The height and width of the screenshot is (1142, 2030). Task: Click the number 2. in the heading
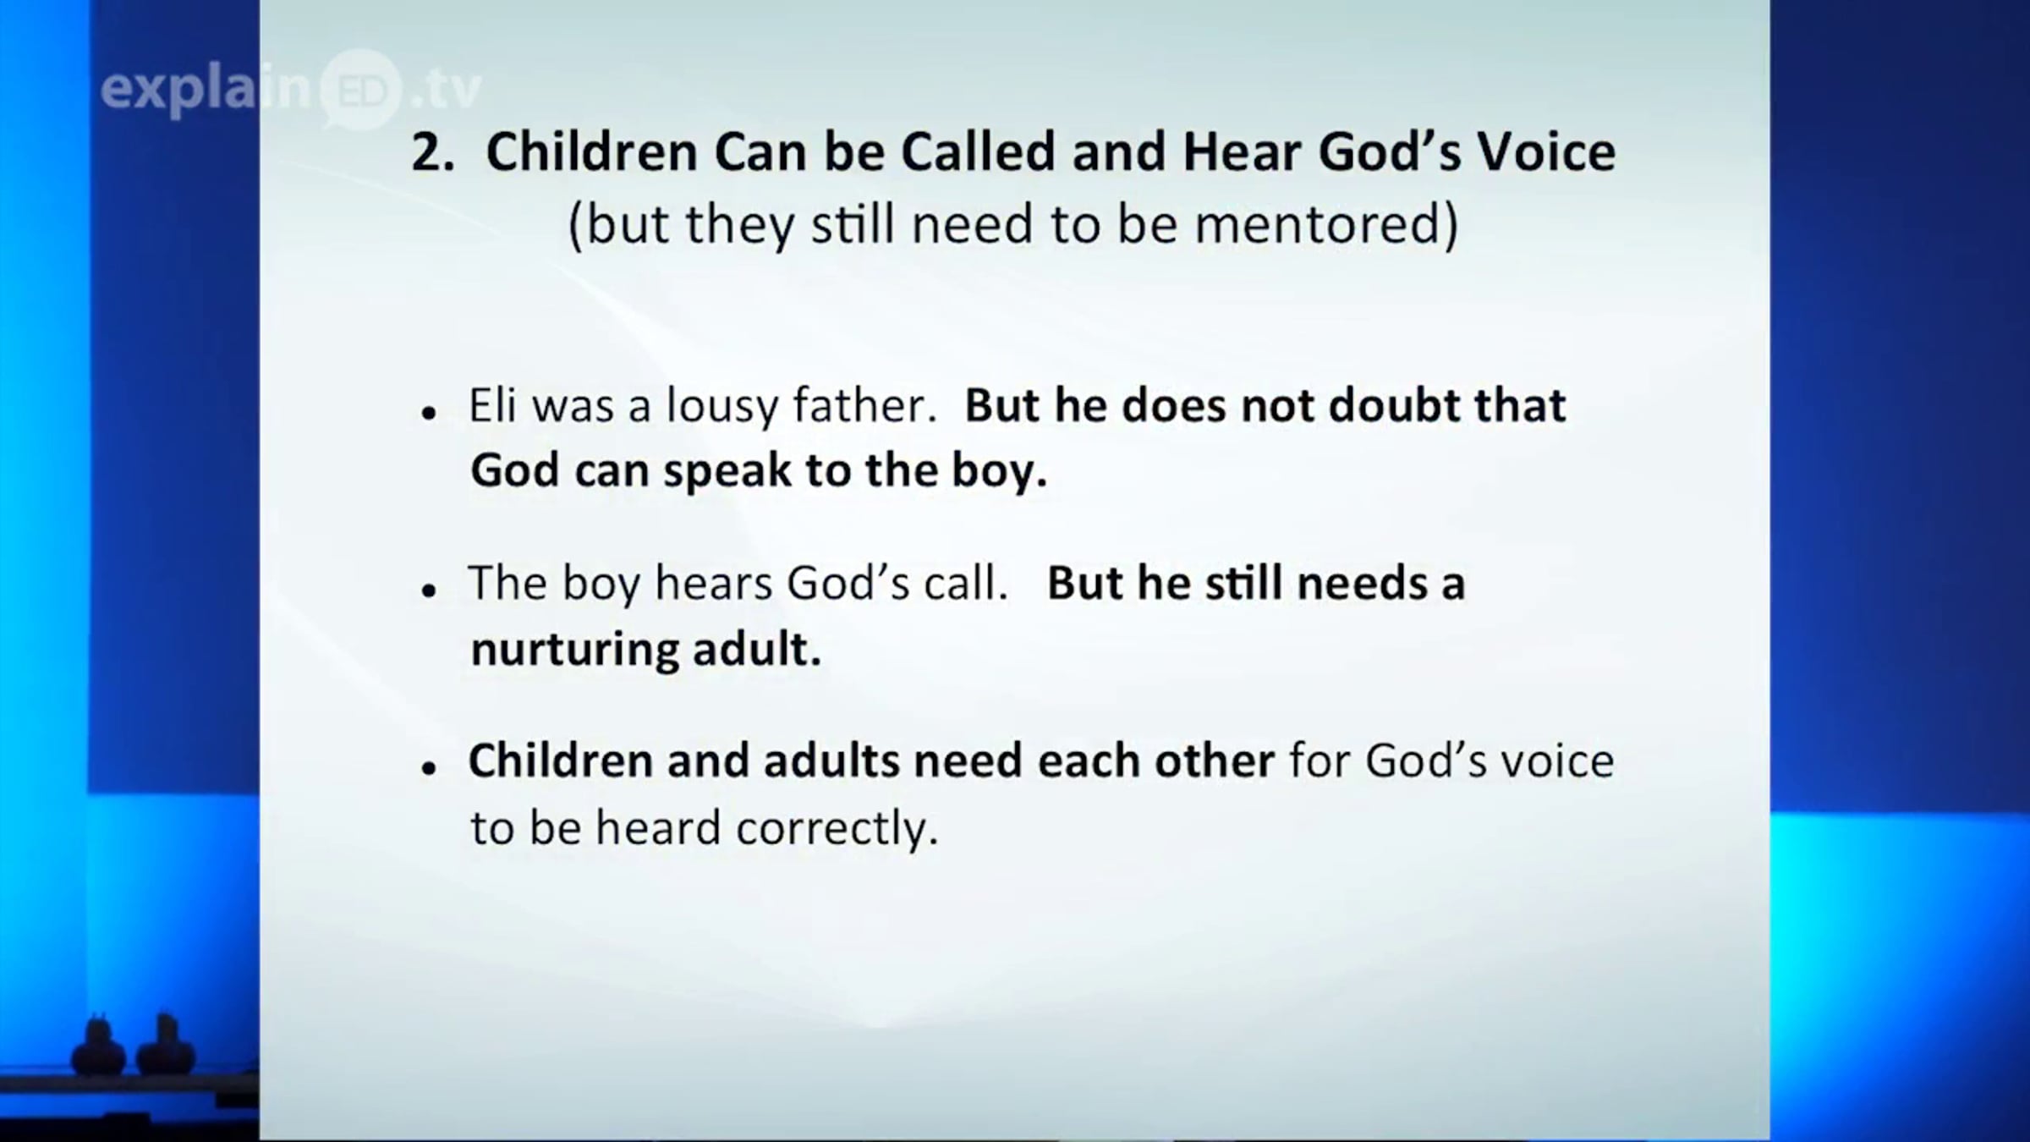(433, 153)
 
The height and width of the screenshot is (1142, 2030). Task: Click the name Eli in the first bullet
(492, 405)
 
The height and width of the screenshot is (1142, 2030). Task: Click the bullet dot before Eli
(430, 414)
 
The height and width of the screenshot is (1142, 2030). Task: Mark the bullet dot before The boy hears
(430, 591)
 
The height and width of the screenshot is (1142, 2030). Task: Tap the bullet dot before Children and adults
(430, 769)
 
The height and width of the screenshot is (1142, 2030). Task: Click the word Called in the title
(978, 153)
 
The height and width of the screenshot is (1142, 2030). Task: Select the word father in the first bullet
(864, 405)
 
